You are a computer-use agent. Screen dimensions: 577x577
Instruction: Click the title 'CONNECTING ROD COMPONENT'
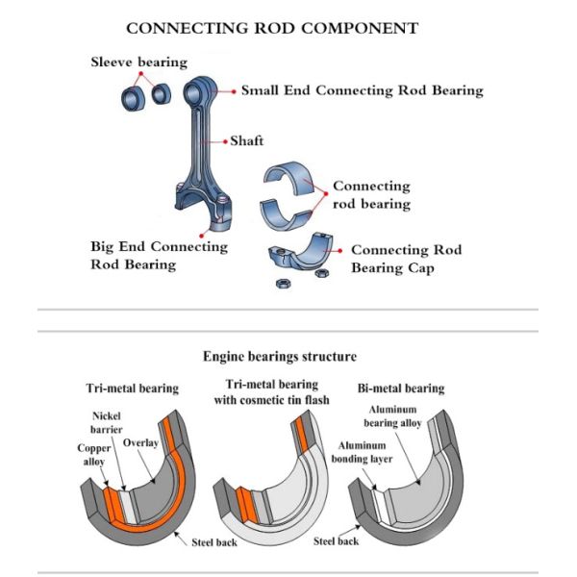tap(272, 28)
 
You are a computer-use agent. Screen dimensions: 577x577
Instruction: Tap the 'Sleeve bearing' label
tap(138, 63)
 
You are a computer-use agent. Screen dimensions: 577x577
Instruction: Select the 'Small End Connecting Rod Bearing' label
tap(362, 90)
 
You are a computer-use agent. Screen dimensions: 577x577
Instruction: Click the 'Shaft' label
tap(246, 141)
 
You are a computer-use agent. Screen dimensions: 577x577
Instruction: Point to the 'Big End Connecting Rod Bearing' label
tap(159, 255)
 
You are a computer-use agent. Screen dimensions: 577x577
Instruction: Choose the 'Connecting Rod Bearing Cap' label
tap(406, 259)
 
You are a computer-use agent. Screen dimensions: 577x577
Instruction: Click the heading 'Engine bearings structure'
tap(280, 356)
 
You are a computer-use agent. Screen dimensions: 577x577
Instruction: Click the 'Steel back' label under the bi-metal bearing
tap(337, 541)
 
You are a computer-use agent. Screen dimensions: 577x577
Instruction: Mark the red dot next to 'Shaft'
tap(224, 141)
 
